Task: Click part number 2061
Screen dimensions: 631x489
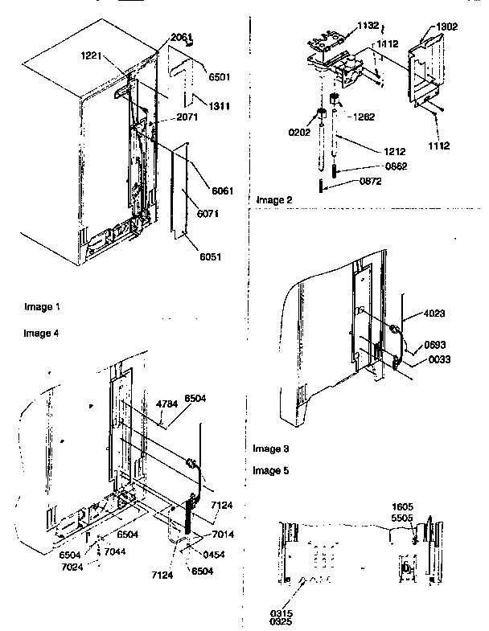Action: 182,38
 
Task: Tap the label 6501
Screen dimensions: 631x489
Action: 220,77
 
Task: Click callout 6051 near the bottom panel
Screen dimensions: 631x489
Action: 212,256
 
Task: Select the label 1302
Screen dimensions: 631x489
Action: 448,26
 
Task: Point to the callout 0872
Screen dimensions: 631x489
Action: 372,182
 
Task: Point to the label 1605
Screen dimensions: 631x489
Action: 404,507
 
